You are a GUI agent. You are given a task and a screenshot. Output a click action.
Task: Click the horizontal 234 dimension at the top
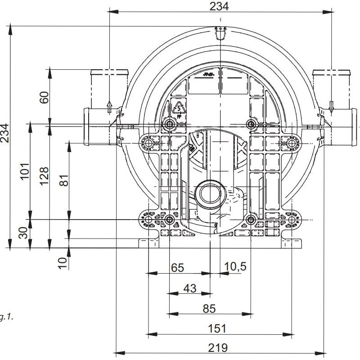[219, 6]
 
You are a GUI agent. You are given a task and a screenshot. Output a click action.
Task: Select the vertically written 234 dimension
[5, 132]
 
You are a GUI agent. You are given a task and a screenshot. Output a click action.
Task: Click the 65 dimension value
[178, 267]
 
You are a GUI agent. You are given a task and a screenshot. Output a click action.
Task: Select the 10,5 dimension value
[235, 266]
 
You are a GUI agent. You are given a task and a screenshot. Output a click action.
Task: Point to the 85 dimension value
[209, 308]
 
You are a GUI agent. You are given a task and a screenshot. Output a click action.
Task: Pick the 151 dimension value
[217, 328]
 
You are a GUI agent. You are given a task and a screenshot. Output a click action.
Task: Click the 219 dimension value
[218, 348]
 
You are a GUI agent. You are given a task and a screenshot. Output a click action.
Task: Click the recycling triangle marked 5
[179, 108]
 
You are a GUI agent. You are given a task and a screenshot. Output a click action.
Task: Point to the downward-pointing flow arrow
[331, 108]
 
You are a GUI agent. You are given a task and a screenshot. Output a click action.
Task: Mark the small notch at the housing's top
[219, 34]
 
